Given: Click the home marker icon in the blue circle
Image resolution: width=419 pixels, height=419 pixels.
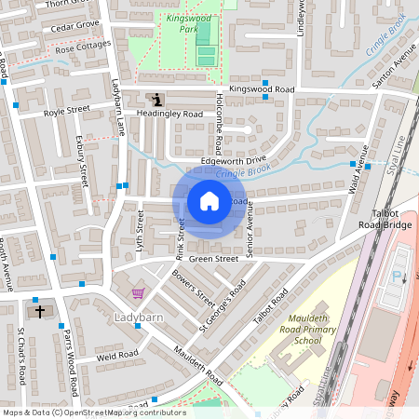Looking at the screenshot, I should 209,201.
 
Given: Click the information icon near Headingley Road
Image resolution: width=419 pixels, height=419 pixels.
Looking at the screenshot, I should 156,99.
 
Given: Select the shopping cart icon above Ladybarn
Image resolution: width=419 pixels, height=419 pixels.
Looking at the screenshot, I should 139,293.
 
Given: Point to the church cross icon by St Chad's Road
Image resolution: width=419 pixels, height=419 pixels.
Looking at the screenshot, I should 39,311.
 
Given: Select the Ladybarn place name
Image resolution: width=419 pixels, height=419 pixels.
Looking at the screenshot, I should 139,318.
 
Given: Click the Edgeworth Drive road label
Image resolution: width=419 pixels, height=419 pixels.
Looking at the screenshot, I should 227,161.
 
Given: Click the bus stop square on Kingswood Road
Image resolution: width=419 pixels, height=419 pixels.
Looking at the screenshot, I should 265,97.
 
